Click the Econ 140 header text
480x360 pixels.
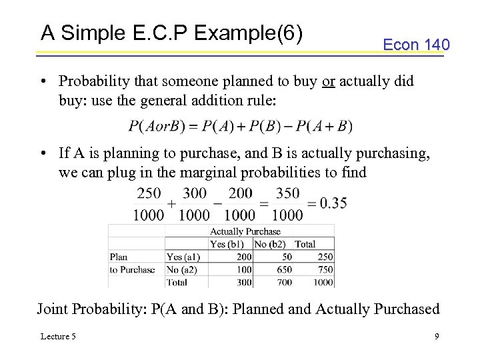pos(416,45)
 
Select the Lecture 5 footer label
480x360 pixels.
pos(58,336)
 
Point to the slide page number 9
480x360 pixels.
pos(437,336)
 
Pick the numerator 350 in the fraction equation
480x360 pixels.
pos(287,193)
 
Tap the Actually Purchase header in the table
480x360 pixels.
pos(245,232)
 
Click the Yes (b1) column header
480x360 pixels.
pos(227,244)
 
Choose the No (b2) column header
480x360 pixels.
pos(269,244)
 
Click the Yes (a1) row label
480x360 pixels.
pos(183,257)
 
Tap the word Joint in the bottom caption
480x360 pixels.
pos(53,309)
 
